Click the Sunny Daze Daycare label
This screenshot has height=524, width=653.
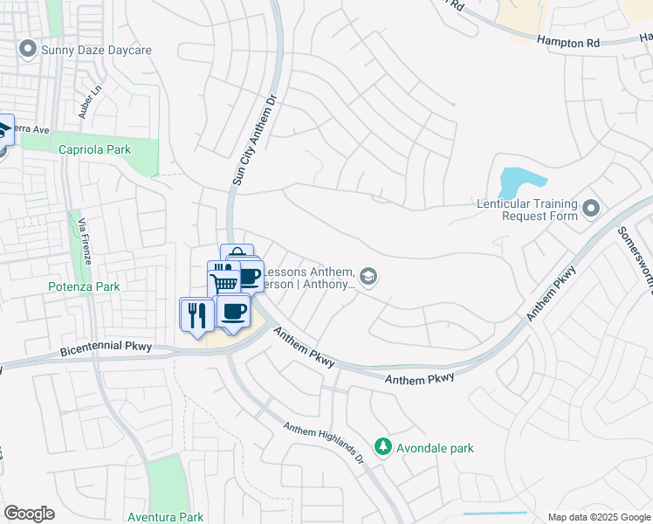pos(96,50)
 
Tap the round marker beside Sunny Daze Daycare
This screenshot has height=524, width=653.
pos(29,50)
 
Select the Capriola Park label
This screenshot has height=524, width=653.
pos(94,149)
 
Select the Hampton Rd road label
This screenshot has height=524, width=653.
pos(568,40)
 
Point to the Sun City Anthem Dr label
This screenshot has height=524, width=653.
pos(253,140)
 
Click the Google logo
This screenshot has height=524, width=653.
pos(29,514)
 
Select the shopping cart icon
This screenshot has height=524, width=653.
pos(223,280)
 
